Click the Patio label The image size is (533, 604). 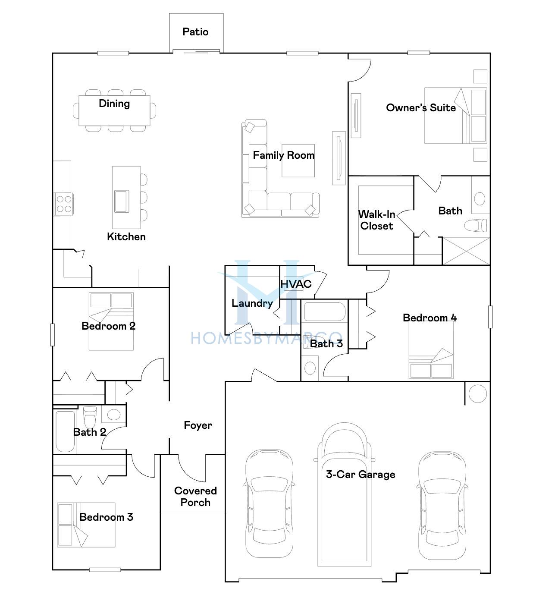click(x=195, y=31)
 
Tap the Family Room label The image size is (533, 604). click(x=283, y=155)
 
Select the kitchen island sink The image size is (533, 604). click(x=122, y=201)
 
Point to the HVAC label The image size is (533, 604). click(x=296, y=284)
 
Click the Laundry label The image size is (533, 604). click(x=252, y=303)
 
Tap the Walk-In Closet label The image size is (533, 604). click(x=377, y=220)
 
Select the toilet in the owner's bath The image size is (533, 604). click(x=476, y=225)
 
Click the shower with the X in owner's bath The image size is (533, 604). click(x=466, y=251)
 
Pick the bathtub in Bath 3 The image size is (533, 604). click(x=325, y=312)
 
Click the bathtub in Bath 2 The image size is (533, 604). click(x=65, y=431)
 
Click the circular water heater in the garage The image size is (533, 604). click(x=477, y=393)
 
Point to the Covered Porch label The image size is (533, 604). click(x=195, y=497)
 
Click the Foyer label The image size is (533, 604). click(x=198, y=425)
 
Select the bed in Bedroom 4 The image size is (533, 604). click(x=431, y=349)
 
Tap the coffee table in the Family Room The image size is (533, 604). click(x=298, y=160)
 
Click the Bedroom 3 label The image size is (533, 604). click(x=106, y=517)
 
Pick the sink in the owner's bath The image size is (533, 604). click(x=480, y=199)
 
